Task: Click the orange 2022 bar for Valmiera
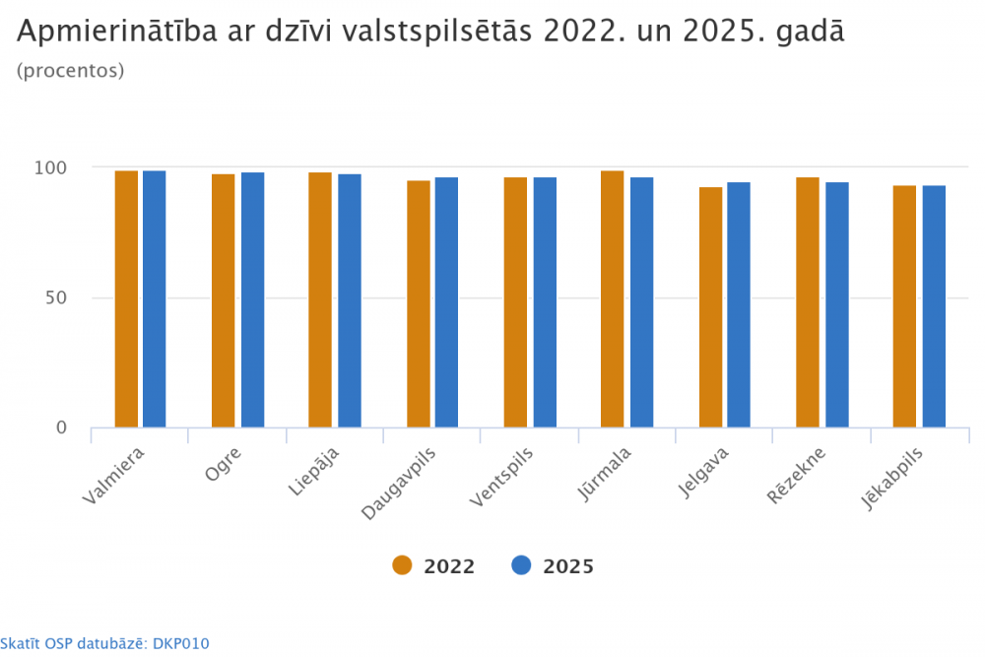pos(126,299)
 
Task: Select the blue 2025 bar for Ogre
pos(253,300)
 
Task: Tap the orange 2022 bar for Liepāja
pos(320,300)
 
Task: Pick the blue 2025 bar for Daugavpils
pos(447,302)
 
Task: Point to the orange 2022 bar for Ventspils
pos(515,302)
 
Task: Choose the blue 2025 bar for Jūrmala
pos(642,302)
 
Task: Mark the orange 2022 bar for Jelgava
pos(710,307)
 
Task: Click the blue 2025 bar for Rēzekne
pos(837,304)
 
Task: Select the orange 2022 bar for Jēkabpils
pos(904,306)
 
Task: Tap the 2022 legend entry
pos(434,566)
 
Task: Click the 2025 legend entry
pos(553,566)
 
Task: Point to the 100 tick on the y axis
pos(50,167)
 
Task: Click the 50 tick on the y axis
pos(55,297)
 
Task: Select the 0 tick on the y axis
pos(61,427)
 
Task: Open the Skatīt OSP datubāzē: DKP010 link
pos(104,643)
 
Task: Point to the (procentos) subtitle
pos(70,71)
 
